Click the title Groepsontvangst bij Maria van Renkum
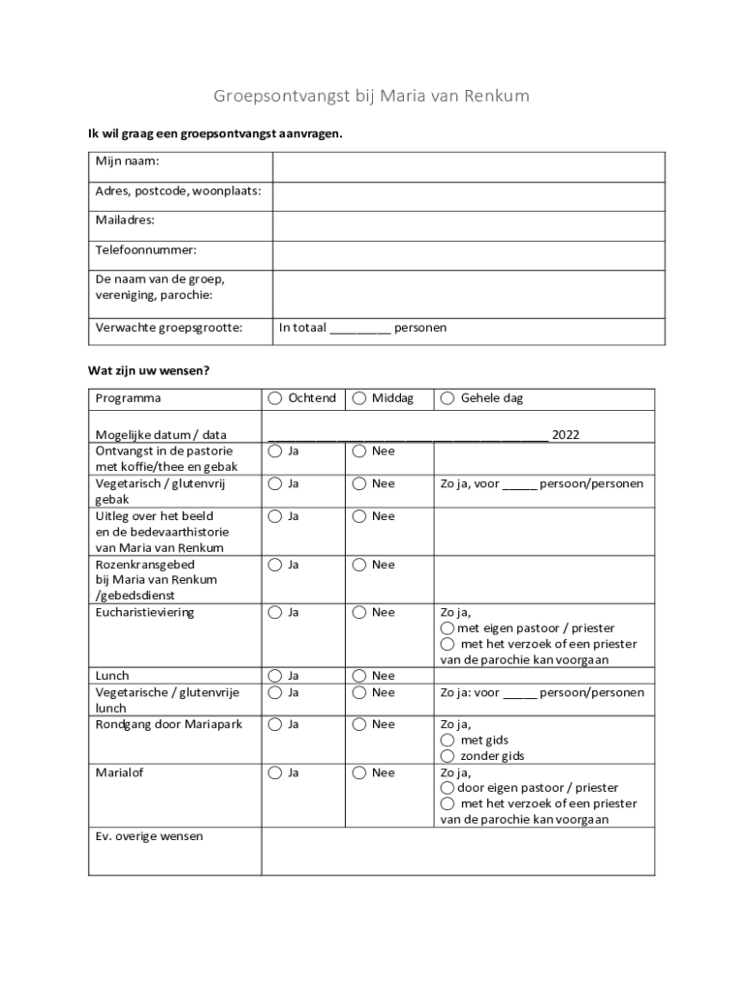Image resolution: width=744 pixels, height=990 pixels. point(371,97)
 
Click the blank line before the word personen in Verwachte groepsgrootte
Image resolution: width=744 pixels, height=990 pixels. point(359,329)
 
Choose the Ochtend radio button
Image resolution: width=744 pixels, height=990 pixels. point(275,398)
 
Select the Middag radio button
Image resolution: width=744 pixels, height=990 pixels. point(359,398)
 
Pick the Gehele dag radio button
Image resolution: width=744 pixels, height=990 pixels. point(448,398)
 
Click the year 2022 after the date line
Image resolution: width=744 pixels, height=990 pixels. point(565,435)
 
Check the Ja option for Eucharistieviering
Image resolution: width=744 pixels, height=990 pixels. point(275,612)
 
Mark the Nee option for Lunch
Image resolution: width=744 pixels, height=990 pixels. point(359,676)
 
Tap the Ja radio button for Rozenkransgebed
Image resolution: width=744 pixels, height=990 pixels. point(275,565)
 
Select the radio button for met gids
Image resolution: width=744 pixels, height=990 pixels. point(448,741)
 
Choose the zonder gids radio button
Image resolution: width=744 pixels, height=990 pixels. point(448,756)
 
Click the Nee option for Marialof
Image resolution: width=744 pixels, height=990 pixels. point(359,772)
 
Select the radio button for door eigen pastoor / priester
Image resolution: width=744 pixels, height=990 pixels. point(448,788)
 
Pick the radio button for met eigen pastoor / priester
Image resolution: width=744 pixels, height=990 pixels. point(448,628)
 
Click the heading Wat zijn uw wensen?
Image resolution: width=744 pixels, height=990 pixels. point(149,370)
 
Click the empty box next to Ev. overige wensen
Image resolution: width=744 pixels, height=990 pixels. point(458,851)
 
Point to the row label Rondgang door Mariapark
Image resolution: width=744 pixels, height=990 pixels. point(168,724)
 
